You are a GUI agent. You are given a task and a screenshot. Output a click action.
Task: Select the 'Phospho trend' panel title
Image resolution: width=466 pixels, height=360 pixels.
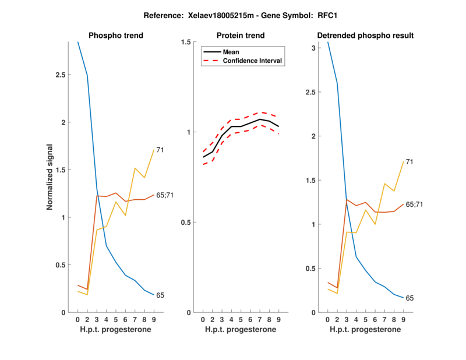pyautogui.click(x=116, y=36)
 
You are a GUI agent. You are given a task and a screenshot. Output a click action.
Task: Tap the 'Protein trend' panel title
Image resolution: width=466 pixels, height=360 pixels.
pyautogui.click(x=241, y=36)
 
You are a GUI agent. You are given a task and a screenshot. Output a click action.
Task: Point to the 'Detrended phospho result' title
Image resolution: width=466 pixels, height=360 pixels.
pyautogui.click(x=365, y=36)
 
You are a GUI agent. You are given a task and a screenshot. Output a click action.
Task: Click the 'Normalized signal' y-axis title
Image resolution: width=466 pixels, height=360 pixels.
pyautogui.click(x=51, y=177)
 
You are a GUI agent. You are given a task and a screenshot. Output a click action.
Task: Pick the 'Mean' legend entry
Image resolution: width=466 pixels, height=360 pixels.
pyautogui.click(x=231, y=52)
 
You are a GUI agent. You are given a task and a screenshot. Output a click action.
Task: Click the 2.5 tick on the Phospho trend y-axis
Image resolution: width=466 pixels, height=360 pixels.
pyautogui.click(x=61, y=76)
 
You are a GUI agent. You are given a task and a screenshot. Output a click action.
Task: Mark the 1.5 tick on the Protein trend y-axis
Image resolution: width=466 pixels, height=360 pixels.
pyautogui.click(x=186, y=42)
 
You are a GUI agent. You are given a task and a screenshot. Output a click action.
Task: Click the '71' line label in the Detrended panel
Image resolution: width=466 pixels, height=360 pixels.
pyautogui.click(x=409, y=161)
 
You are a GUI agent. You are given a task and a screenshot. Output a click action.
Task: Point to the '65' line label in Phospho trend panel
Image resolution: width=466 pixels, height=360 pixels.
pyautogui.click(x=160, y=295)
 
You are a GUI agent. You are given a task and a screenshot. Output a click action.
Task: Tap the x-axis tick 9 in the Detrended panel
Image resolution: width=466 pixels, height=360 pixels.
pyautogui.click(x=403, y=320)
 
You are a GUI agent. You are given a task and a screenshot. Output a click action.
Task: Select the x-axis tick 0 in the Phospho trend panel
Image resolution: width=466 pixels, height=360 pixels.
pyautogui.click(x=77, y=320)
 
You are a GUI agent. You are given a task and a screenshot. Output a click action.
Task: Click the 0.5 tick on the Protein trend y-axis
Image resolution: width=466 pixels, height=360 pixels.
pyautogui.click(x=186, y=223)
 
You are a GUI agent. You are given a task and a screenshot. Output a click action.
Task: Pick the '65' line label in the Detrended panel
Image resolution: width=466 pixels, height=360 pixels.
pyautogui.click(x=409, y=298)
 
